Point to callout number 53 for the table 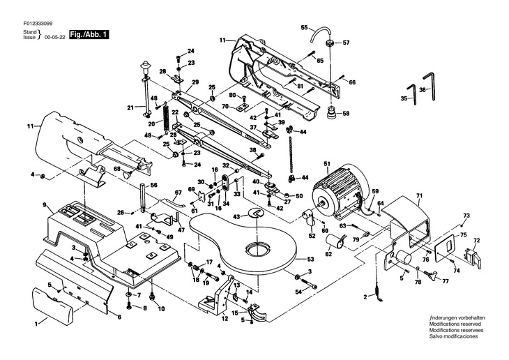click(x=310, y=259)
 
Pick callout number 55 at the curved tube click(x=304, y=27)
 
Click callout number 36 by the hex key click(x=423, y=90)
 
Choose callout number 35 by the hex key click(x=404, y=99)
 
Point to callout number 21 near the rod click(x=130, y=107)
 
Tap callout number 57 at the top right click(x=346, y=43)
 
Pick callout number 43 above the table click(x=236, y=217)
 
